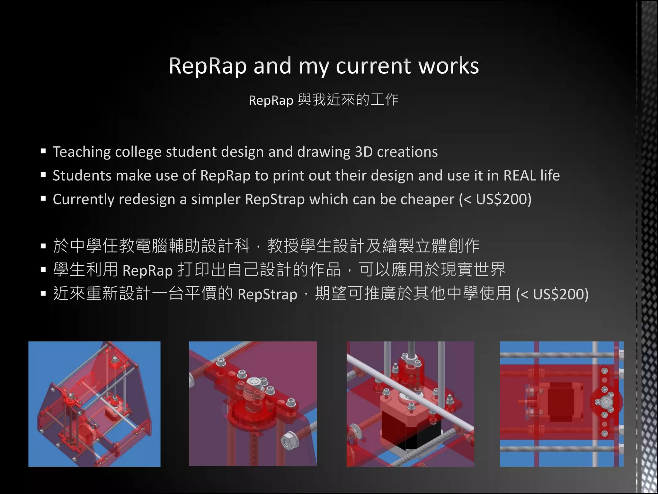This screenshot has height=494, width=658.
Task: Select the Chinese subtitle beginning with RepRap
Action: point(323,100)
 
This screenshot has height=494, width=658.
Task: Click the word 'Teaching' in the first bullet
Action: point(81,152)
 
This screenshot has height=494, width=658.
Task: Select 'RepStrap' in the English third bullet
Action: point(275,199)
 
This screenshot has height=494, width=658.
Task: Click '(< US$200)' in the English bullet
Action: point(495,199)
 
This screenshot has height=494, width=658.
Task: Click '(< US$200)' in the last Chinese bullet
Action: point(552,294)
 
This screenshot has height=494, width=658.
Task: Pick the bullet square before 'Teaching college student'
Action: point(43,151)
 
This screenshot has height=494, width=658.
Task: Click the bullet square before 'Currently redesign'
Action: point(43,198)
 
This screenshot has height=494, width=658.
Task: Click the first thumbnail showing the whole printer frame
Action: point(94,404)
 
